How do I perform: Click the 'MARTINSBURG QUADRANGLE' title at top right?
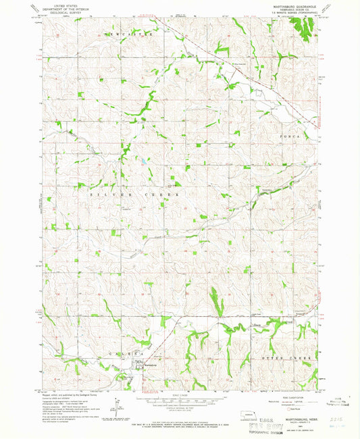pos(292,5)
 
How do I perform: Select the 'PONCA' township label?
pos(291,136)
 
